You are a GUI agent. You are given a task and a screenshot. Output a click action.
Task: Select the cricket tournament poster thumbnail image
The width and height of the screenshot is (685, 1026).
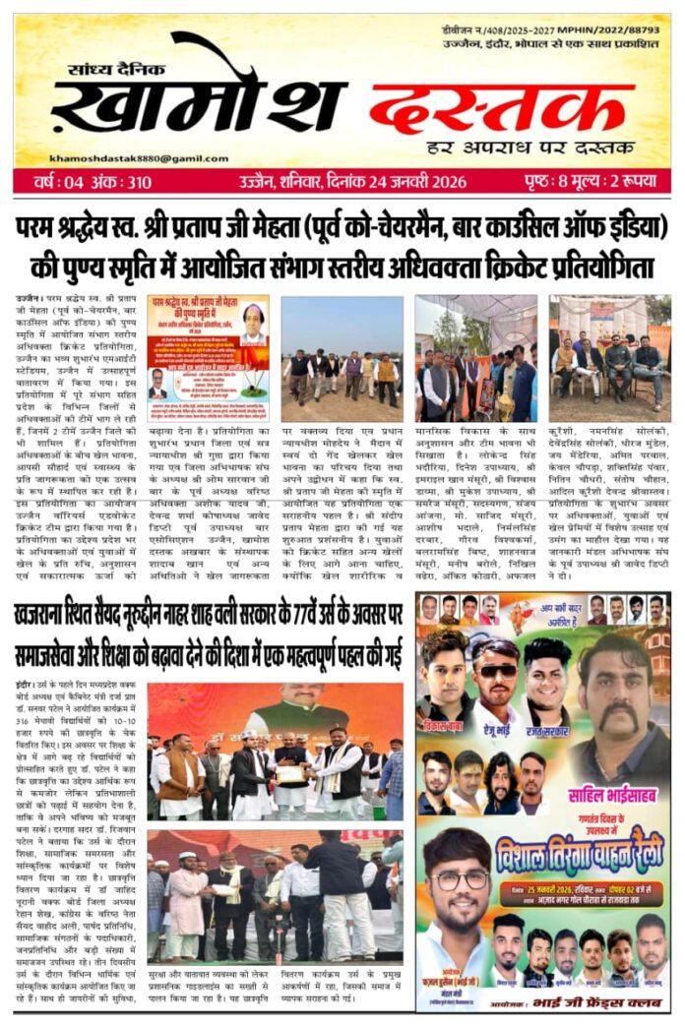coord(208,345)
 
